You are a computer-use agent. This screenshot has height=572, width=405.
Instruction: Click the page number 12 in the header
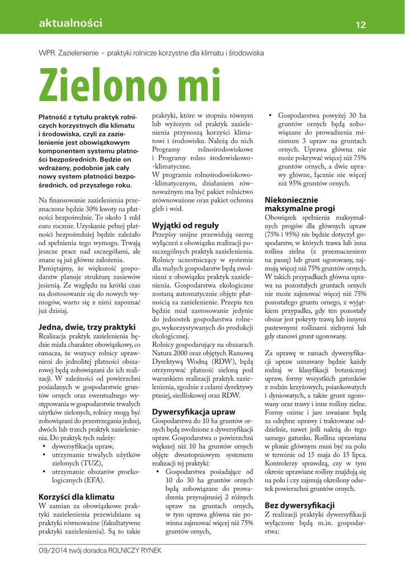tap(360, 25)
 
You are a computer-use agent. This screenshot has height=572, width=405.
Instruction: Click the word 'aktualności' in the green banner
tap(70, 23)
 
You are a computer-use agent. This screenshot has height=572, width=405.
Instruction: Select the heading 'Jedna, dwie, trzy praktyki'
tap(87, 327)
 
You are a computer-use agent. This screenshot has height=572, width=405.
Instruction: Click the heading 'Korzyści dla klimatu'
tap(76, 497)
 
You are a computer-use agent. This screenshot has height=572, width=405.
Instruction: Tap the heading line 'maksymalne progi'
tap(299, 208)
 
